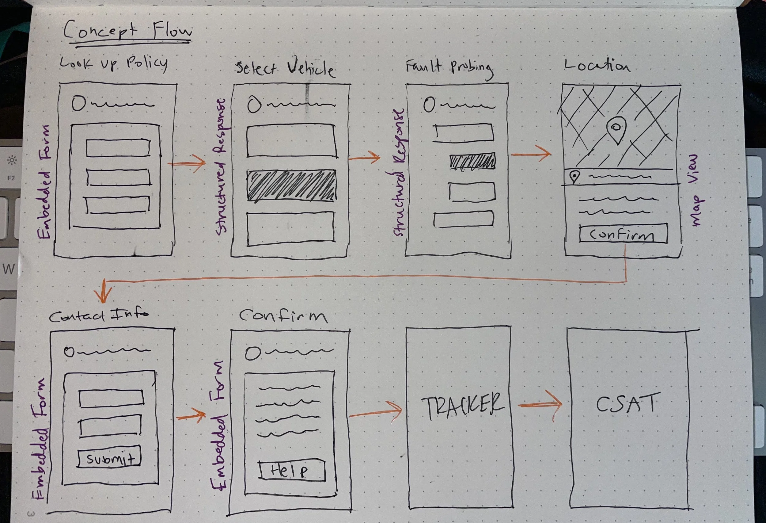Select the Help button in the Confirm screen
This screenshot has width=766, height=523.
[x=292, y=471]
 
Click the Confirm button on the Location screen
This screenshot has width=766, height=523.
[x=623, y=235]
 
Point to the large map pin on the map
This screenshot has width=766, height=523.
[x=616, y=129]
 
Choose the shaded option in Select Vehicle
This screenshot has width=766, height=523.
[x=292, y=185]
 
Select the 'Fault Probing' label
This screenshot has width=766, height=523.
[x=449, y=68]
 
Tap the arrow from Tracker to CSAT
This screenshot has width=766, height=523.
[x=540, y=405]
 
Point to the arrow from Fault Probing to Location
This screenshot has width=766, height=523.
[x=531, y=154]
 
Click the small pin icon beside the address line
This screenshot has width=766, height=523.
[x=574, y=177]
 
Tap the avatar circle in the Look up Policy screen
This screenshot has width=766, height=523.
[x=79, y=103]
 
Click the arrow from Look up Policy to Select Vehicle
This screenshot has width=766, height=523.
[x=187, y=163]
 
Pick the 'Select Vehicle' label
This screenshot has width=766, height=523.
[x=286, y=69]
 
